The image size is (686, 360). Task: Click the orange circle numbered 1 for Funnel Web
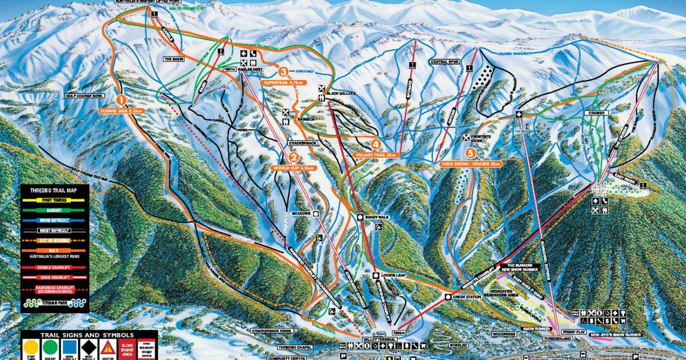point(121,98)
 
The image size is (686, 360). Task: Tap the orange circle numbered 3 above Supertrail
point(283,72)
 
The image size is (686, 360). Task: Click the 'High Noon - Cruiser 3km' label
point(470,163)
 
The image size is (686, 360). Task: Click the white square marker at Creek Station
point(448,297)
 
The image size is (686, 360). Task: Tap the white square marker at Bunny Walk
point(360,217)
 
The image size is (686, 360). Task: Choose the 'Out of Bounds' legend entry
point(54,240)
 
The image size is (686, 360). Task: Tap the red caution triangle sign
point(107,347)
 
